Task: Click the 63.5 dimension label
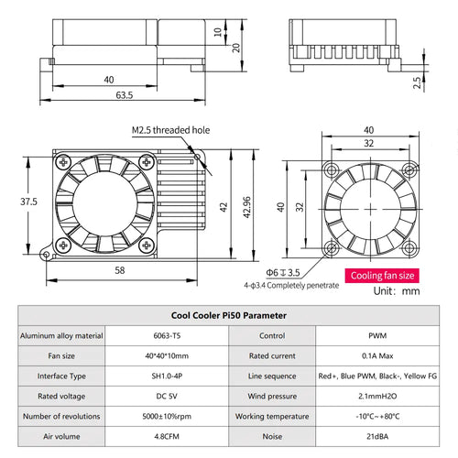pyautogui.click(x=125, y=95)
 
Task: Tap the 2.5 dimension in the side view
pyautogui.click(x=417, y=82)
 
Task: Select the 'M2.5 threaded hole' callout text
pyautogui.click(x=170, y=130)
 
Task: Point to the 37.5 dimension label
pyautogui.click(x=28, y=202)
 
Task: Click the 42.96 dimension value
pyautogui.click(x=246, y=207)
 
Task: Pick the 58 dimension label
pyautogui.click(x=120, y=270)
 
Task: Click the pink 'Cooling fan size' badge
pyautogui.click(x=382, y=276)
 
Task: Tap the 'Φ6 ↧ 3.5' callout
pyautogui.click(x=283, y=272)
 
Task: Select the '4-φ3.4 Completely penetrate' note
pyautogui.click(x=291, y=286)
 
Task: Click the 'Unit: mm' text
pyautogui.click(x=397, y=290)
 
